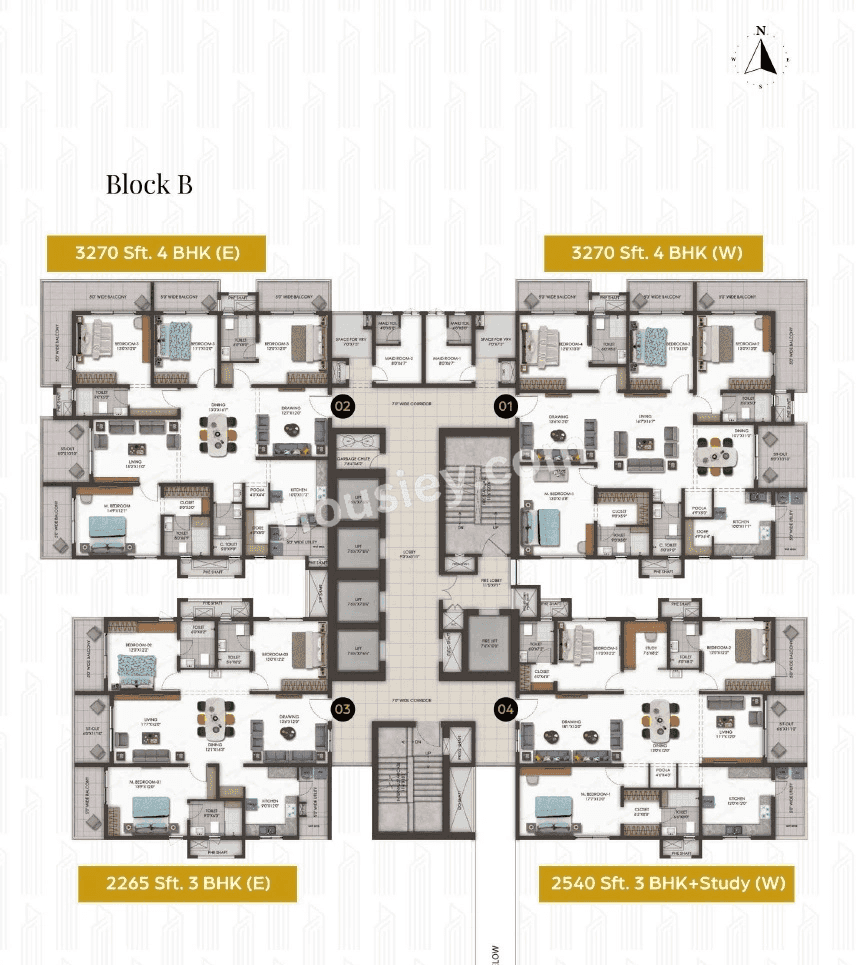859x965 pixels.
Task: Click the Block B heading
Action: (149, 184)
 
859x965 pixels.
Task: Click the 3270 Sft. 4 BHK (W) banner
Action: (653, 253)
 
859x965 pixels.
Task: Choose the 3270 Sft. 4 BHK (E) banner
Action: (155, 253)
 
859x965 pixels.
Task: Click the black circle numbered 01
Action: (504, 406)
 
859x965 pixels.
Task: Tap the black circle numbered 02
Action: (343, 406)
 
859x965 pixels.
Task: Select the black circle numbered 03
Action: (343, 709)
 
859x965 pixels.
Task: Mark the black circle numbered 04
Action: (504, 709)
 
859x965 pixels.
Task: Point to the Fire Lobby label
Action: (490, 583)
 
